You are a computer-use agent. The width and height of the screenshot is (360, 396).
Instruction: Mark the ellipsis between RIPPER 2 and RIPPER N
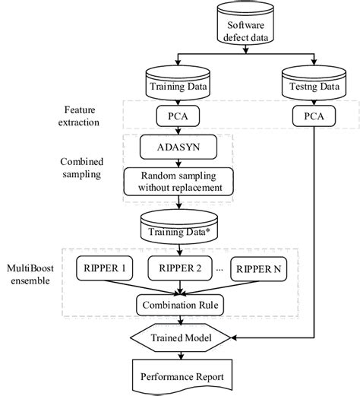pyautogui.click(x=221, y=268)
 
